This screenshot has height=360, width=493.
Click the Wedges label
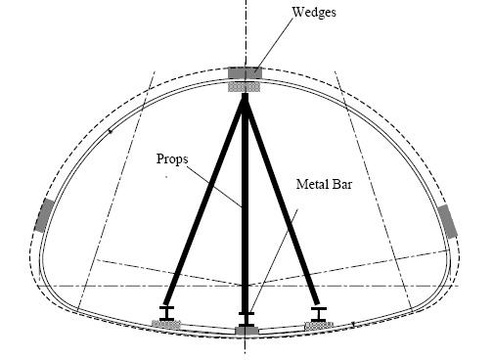point(314,13)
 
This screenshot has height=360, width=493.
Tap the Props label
point(172,159)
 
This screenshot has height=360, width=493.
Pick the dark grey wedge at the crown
point(245,72)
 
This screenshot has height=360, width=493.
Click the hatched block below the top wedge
point(244,86)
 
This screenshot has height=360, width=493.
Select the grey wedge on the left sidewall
point(44,216)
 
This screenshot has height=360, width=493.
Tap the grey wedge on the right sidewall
point(448,222)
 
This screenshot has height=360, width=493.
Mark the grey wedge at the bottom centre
point(246,331)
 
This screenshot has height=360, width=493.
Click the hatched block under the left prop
point(166,324)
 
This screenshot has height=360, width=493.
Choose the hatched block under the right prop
point(319,325)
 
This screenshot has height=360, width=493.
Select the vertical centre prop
point(245,202)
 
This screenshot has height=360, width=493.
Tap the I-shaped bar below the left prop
point(167,313)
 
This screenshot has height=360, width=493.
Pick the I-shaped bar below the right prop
point(319,314)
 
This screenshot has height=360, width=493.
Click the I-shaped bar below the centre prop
point(246,320)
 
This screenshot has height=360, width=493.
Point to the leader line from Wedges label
point(274,44)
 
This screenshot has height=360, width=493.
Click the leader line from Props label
point(214,187)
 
